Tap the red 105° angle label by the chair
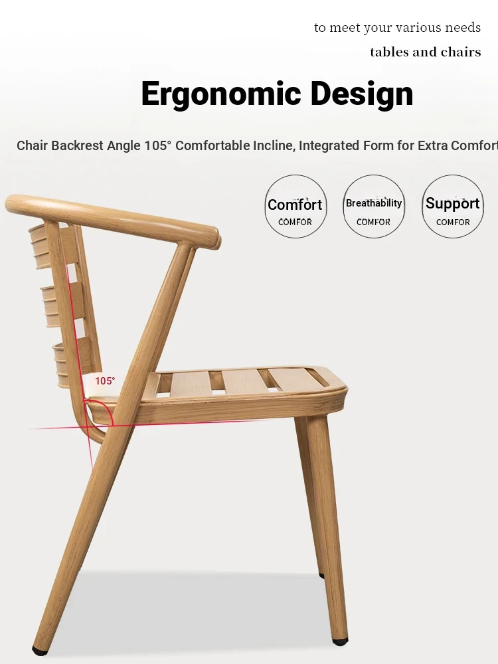[x=105, y=381]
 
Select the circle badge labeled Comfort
[x=295, y=207]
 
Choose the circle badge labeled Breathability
[x=373, y=207]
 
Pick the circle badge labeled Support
[x=453, y=207]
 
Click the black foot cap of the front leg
[x=339, y=641]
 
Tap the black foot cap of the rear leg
[x=39, y=650]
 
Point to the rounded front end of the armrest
[x=214, y=238]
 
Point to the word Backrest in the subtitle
[x=78, y=145]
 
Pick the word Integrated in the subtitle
[x=329, y=145]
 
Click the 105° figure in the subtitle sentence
[x=157, y=145]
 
